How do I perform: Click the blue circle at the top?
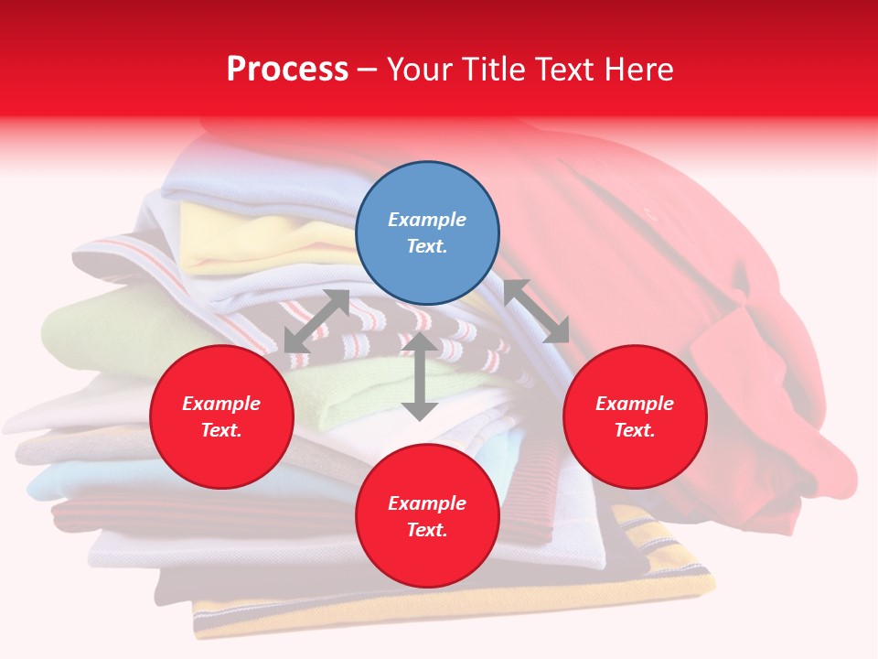(427, 233)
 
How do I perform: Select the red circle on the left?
(221, 416)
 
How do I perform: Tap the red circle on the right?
(635, 416)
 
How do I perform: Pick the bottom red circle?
(427, 516)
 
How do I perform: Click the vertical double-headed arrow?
(420, 376)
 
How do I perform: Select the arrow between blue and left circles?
(316, 321)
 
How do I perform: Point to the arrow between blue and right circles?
(537, 311)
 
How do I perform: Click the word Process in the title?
(287, 69)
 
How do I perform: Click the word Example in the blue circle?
(427, 220)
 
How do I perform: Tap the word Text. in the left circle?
(221, 430)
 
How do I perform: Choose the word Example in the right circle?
(635, 404)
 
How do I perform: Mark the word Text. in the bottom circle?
(427, 530)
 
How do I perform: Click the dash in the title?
(368, 70)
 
